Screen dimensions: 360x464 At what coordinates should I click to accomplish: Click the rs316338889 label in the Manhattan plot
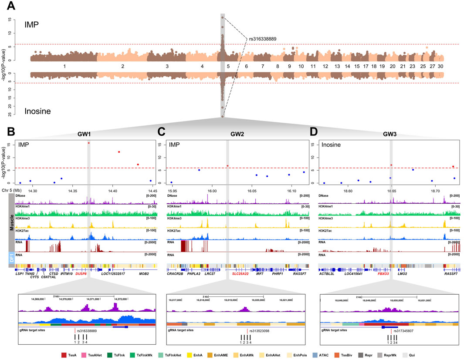click(x=266, y=39)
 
